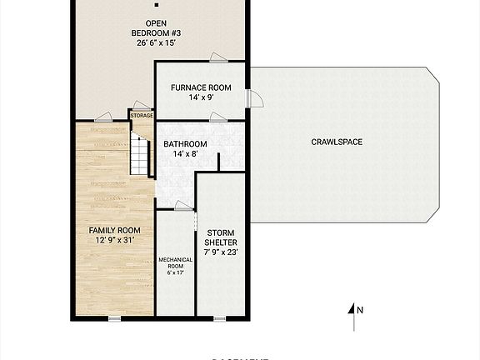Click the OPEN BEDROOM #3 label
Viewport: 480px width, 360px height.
click(x=156, y=28)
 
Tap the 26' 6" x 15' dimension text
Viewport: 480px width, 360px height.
click(x=156, y=42)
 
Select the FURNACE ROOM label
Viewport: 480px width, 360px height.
click(x=200, y=87)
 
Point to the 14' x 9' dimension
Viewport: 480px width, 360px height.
click(x=200, y=97)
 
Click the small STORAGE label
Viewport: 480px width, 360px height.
click(x=141, y=116)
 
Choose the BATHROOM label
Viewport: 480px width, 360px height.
click(x=185, y=143)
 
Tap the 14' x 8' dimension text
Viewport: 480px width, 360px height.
click(x=185, y=153)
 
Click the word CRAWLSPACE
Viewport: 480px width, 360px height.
click(x=337, y=142)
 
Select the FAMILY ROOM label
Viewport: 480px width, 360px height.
click(x=114, y=230)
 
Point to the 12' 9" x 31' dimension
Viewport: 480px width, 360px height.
click(x=114, y=240)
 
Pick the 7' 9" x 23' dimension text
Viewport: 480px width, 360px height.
click(x=221, y=252)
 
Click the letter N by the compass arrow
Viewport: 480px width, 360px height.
click(x=360, y=310)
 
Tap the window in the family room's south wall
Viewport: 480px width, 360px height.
click(x=113, y=317)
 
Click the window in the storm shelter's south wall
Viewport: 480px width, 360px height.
click(x=220, y=317)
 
